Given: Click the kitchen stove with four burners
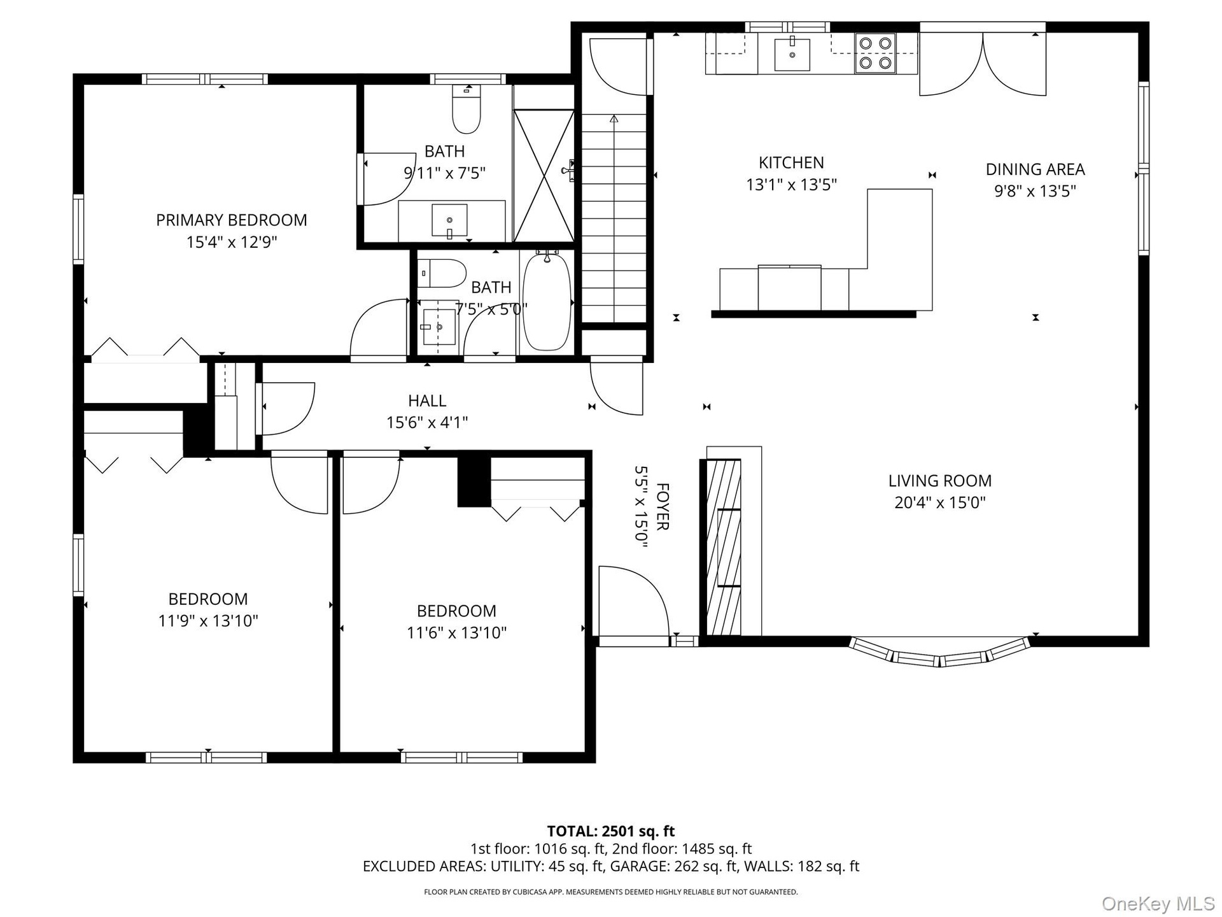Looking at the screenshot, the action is [874, 53].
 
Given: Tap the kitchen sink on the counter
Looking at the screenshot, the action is [792, 54].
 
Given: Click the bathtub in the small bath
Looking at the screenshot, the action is [547, 301].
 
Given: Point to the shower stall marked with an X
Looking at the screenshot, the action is [544, 176].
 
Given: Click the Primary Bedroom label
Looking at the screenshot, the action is [232, 220].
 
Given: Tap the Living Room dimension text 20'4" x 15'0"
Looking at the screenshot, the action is [940, 502].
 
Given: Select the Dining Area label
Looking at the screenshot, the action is [1035, 169].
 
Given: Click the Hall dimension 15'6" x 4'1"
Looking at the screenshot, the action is [427, 422].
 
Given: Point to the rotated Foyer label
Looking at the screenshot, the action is [663, 506].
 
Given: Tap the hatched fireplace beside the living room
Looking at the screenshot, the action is [724, 547].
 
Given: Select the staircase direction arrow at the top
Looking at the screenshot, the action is [614, 118].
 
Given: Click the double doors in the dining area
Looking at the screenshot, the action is [983, 64].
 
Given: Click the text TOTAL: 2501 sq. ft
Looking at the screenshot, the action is [611, 831].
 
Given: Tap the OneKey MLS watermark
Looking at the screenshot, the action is [1158, 903].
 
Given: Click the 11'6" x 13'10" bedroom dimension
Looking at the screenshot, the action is [456, 632].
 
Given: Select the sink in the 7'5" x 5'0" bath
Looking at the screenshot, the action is [439, 327].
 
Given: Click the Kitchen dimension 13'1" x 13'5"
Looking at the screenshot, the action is [791, 185].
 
